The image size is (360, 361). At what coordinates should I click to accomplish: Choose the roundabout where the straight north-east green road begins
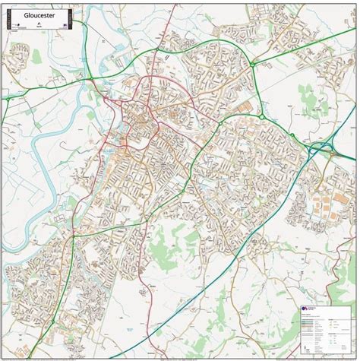point(263,117)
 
